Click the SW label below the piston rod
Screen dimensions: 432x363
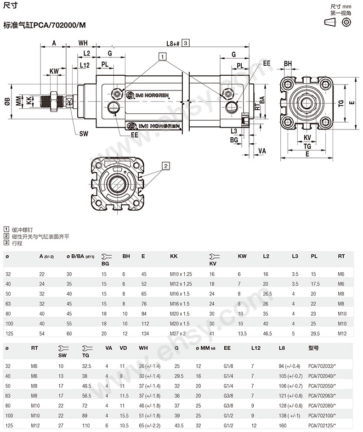point(83,134)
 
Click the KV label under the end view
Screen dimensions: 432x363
point(307,137)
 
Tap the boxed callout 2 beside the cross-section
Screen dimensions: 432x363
point(166,165)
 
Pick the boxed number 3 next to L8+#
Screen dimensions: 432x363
point(186,43)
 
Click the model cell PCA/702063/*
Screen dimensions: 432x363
point(322,395)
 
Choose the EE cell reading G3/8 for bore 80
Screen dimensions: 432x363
point(228,405)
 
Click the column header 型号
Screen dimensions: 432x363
point(313,348)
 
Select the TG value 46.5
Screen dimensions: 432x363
point(86,385)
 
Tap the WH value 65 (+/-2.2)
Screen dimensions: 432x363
point(150,426)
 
